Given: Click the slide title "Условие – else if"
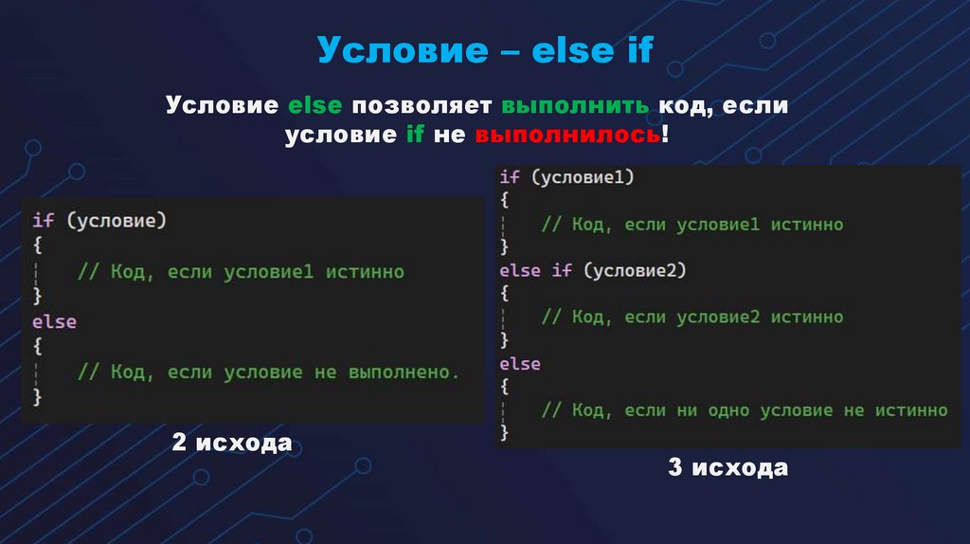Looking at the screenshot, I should [x=484, y=50].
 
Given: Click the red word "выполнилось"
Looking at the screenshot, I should [x=567, y=136].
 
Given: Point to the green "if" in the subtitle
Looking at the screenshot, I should [x=414, y=136].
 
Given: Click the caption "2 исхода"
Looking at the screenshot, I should [x=231, y=443].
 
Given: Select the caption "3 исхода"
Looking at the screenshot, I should [x=727, y=467].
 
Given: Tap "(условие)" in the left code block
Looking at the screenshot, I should [x=116, y=221].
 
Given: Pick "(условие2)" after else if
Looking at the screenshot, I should [x=634, y=271].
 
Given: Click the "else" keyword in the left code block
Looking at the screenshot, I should [x=54, y=322].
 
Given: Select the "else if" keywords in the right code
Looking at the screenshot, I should [x=535, y=271].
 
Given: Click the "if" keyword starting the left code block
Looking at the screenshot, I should [x=44, y=221].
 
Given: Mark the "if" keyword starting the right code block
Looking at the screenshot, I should [x=510, y=176].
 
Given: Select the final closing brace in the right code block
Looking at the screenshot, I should [x=505, y=433].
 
